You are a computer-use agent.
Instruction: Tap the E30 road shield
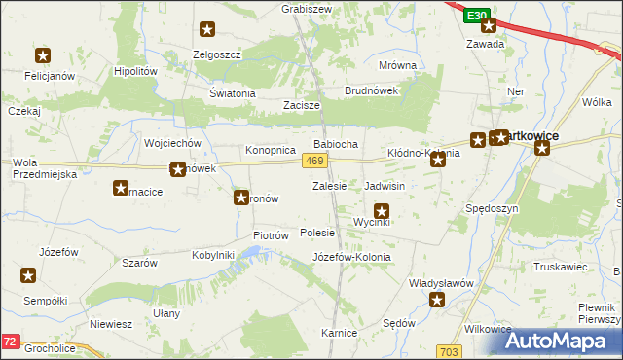point(475,17)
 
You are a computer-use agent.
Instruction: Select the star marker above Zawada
point(489,26)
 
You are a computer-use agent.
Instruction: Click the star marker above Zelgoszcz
point(207,31)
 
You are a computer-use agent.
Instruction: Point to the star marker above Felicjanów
point(43,56)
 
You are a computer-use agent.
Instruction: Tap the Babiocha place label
point(335,144)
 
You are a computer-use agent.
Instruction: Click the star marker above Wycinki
point(382,210)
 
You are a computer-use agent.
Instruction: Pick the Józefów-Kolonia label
point(351,257)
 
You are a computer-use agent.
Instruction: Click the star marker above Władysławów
point(437,301)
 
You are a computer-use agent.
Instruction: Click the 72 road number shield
point(10,342)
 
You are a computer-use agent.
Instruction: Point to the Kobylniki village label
point(213,255)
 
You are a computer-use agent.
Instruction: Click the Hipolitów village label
point(135,71)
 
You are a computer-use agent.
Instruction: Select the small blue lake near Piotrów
point(251,253)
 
